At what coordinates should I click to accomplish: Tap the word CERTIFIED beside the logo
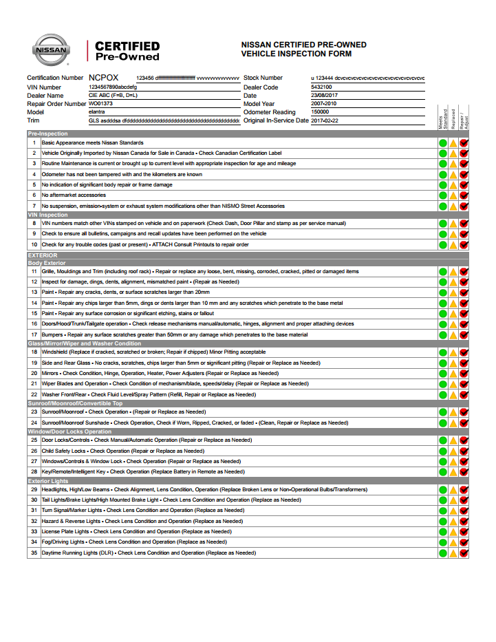point(127,46)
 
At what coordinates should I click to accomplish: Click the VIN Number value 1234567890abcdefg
point(113,87)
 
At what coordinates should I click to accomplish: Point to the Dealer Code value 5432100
point(321,87)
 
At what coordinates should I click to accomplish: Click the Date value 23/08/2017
point(325,96)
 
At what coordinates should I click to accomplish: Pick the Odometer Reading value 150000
point(320,112)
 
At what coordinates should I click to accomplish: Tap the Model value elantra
point(97,112)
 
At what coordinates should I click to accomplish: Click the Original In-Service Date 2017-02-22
point(325,120)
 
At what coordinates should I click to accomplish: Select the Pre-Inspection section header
point(48,133)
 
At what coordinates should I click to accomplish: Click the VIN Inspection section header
point(47,215)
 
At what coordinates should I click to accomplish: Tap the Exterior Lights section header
point(48,481)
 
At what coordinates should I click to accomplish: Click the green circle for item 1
point(443,143)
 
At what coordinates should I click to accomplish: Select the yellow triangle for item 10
point(453,246)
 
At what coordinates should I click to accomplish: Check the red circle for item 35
point(464,553)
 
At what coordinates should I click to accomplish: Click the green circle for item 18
point(443,352)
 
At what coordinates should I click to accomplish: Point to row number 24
point(34,423)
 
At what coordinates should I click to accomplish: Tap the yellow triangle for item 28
point(453,472)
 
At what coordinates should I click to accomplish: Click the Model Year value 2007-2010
point(325,104)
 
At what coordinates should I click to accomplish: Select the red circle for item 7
point(464,206)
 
